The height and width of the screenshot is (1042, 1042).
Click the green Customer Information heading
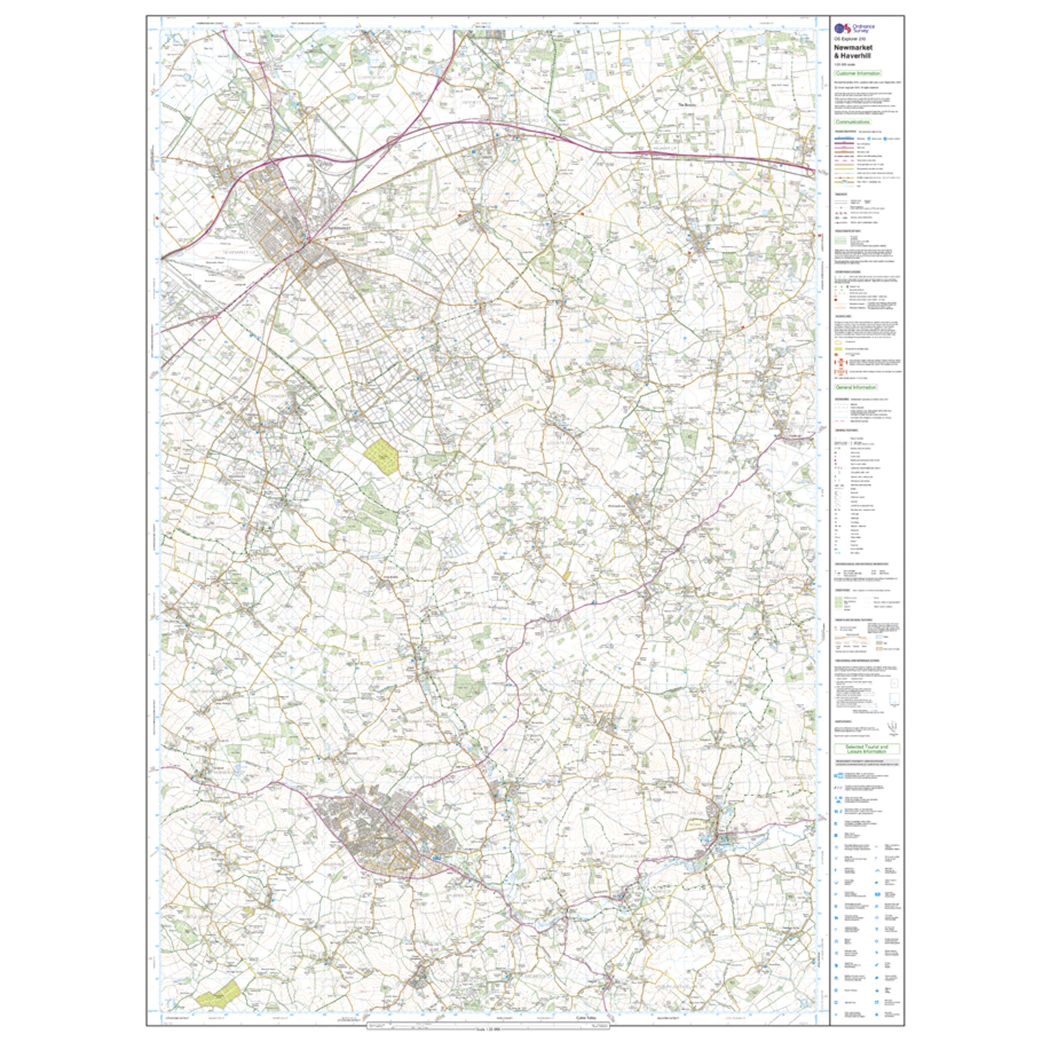pos(858,73)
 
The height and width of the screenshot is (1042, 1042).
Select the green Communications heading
pos(854,122)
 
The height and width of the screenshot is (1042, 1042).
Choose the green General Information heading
pos(856,387)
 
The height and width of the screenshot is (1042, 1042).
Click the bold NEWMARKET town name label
pos(339,228)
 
